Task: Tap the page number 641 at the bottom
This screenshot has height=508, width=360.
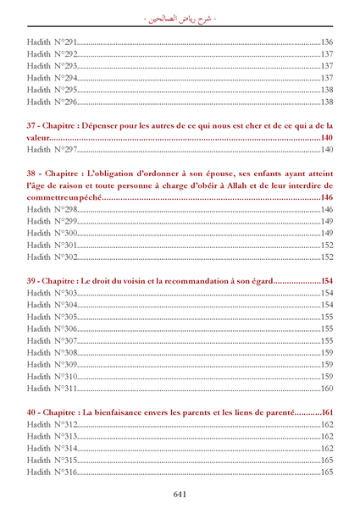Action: (x=180, y=494)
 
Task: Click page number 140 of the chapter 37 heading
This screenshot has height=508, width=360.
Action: (x=326, y=137)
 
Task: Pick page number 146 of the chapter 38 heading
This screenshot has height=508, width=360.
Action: (x=326, y=197)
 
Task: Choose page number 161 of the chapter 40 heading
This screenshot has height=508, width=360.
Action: (x=326, y=412)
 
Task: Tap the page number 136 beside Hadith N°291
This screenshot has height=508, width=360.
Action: (x=326, y=41)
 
